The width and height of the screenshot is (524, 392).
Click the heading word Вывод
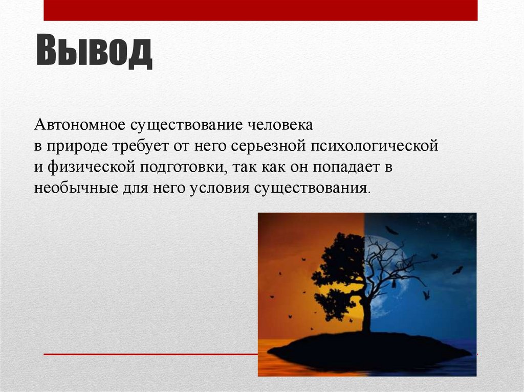click(94, 51)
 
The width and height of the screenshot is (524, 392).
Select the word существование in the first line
click(187, 125)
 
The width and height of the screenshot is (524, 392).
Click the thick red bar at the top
click(260, 10)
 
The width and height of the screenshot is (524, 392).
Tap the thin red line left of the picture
click(148, 354)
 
